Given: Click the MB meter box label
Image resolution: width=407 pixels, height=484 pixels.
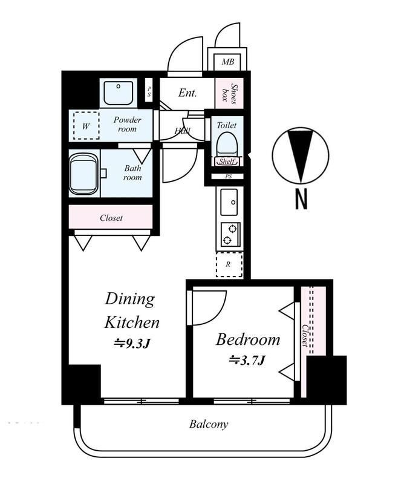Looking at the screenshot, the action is click(x=228, y=62).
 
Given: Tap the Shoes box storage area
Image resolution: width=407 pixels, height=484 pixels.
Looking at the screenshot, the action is click(x=229, y=93).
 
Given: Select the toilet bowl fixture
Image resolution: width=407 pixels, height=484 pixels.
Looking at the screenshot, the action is click(x=227, y=144).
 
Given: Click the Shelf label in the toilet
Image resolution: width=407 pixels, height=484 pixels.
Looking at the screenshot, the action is click(x=227, y=162).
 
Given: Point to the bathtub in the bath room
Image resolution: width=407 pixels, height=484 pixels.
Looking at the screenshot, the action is click(x=83, y=174).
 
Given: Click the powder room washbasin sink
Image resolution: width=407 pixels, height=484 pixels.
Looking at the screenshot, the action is click(x=119, y=93).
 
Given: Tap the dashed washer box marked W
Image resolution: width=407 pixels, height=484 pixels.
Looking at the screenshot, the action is click(x=86, y=126).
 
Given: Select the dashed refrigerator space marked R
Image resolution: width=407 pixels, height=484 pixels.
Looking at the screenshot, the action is click(x=229, y=264).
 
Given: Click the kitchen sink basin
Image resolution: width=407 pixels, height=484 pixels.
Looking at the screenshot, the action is click(x=229, y=202).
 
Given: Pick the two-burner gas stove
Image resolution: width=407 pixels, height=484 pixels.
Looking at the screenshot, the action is click(x=230, y=235).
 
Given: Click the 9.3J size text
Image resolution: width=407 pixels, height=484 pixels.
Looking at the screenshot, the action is click(x=132, y=343).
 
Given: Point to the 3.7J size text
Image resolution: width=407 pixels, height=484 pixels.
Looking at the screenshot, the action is click(x=247, y=360).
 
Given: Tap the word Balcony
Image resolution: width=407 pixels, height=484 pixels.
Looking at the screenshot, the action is click(x=209, y=424).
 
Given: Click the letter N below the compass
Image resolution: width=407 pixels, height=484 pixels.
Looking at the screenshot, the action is click(x=301, y=199).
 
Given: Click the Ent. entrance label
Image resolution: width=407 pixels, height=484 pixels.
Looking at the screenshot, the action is click(x=187, y=93).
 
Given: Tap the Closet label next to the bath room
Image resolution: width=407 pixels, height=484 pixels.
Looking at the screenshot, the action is click(x=111, y=218).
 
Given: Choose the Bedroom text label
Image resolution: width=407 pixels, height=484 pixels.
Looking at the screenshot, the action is click(x=248, y=339).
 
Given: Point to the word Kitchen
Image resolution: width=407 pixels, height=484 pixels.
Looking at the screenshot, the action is click(x=132, y=322).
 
